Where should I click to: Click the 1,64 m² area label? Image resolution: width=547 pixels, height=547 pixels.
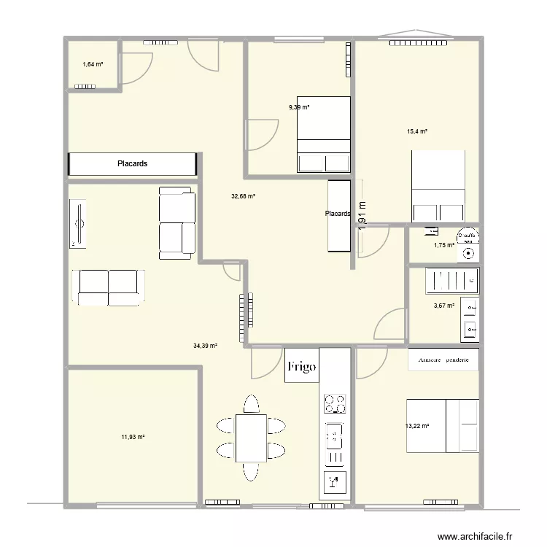pos(93,65)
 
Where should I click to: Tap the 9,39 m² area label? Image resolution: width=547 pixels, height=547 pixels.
pos(299,107)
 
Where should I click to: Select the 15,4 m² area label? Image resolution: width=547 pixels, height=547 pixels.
pos(417,131)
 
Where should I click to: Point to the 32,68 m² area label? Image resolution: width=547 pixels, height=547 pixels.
pos(243,196)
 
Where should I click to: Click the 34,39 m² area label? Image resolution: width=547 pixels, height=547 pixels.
pos(205,346)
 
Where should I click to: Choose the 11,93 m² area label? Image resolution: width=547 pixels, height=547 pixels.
pos(133,437)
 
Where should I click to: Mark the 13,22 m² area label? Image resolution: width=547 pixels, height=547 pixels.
pos(416,427)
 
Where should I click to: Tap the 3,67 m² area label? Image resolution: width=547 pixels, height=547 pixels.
pos(444,306)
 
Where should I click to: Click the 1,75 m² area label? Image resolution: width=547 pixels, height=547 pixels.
pos(443,245)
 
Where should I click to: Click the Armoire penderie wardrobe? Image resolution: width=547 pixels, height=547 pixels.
pos(443,360)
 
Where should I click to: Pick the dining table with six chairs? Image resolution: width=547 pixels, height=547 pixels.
pos(251,438)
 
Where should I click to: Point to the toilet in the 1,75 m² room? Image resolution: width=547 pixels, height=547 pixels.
pos(467,244)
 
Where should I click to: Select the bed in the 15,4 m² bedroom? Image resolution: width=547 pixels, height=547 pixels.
pos(438,186)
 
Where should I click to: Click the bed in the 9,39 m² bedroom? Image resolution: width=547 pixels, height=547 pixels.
pos(323,135)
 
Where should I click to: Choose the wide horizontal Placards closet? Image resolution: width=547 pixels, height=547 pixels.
pos(133,164)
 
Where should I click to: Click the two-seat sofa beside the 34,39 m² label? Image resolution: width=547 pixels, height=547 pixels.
pos(108,287)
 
